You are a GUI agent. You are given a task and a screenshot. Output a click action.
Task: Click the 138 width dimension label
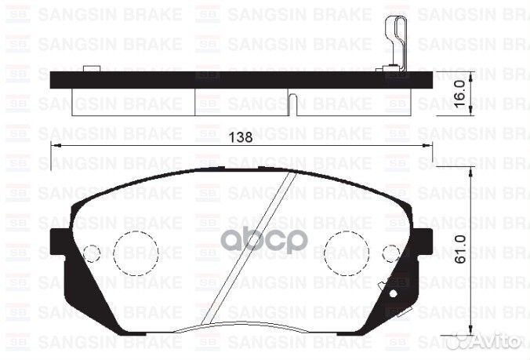click(x=241, y=137)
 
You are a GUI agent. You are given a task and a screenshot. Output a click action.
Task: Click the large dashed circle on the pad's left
click(x=136, y=253)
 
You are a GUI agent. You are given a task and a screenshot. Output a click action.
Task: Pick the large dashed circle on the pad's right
click(x=347, y=253)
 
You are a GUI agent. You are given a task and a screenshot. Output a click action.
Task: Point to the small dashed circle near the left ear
click(x=92, y=253)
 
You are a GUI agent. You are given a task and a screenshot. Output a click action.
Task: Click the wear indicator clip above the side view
click(x=397, y=39)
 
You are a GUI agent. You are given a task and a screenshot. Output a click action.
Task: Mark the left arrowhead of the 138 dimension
click(x=55, y=147)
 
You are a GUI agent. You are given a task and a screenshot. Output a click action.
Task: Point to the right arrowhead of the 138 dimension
click(x=427, y=147)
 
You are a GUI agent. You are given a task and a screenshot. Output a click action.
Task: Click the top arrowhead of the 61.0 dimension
click(x=470, y=172)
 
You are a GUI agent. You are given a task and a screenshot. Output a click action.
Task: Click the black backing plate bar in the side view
click(x=235, y=79)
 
